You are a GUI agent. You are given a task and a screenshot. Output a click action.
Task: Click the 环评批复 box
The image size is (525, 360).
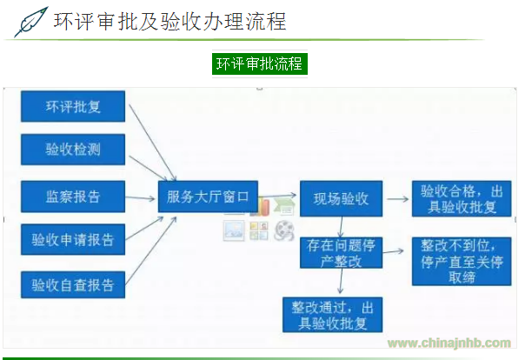click(x=73, y=107)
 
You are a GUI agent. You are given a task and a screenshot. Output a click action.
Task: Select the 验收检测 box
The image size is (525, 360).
click(x=73, y=150)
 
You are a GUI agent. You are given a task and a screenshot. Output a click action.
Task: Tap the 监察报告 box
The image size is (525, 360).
click(x=73, y=196)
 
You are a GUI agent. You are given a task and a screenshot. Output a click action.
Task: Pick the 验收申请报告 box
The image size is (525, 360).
click(x=73, y=239)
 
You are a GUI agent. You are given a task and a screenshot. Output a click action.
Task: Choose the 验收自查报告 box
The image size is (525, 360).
click(x=73, y=283)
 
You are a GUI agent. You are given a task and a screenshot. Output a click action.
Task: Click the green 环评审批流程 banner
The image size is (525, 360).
click(x=261, y=64)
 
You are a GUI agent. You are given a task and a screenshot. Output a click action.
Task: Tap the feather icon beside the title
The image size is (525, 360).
click(x=31, y=21)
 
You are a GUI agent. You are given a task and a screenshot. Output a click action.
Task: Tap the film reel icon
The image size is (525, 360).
click(x=283, y=230)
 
